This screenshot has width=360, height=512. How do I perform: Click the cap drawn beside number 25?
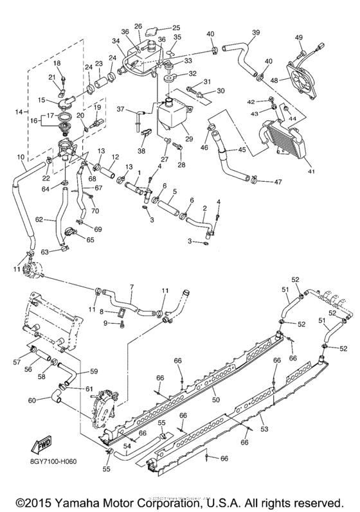click(152, 29)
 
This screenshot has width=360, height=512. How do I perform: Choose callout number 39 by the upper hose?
click(256, 33)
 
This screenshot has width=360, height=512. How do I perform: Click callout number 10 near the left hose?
click(21, 157)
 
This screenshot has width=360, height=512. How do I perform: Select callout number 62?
click(39, 219)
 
